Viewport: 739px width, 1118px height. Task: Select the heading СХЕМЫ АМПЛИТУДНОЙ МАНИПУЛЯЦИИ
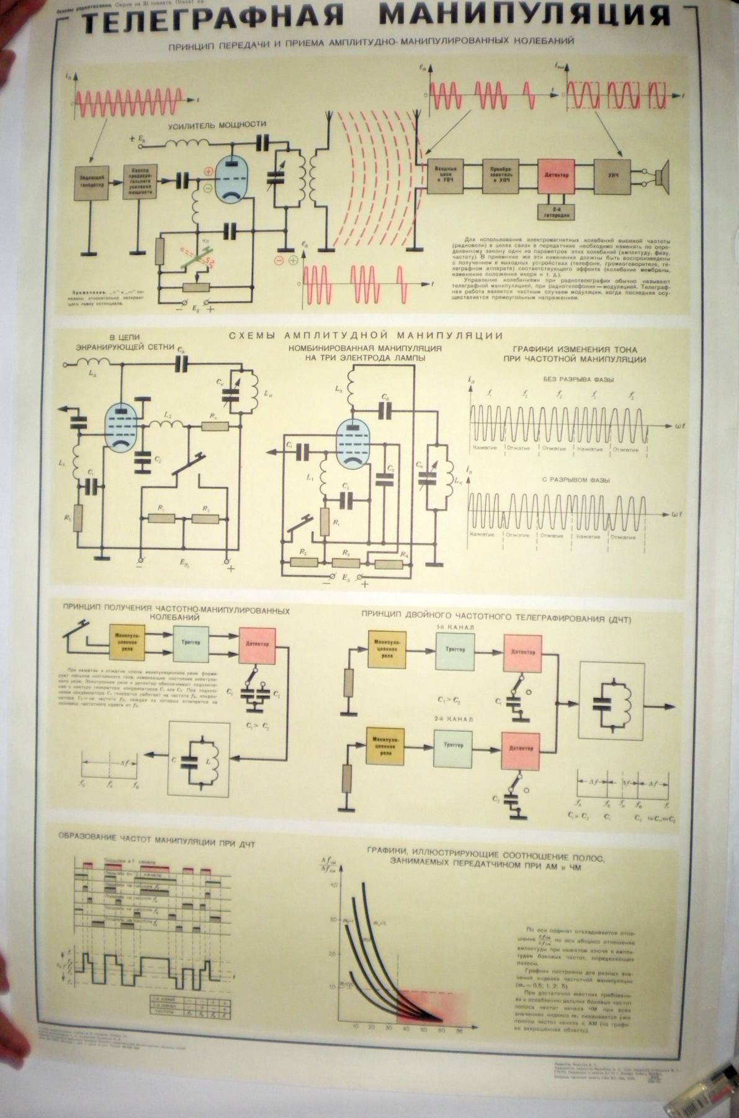coord(365,336)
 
